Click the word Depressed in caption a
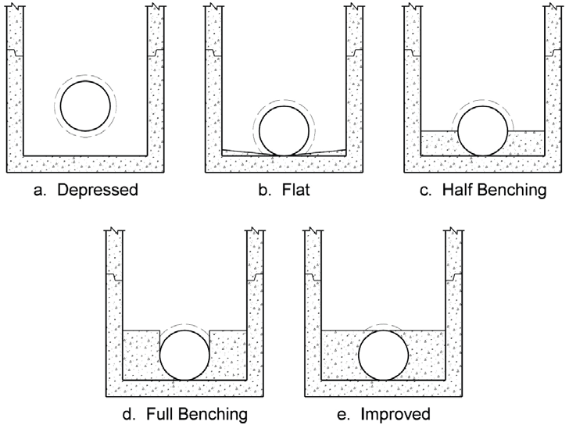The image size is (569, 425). (x=98, y=190)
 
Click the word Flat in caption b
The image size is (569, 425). (x=295, y=190)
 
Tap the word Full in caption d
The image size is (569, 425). (x=159, y=414)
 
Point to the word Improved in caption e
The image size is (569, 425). (x=395, y=414)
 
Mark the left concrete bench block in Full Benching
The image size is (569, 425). (x=141, y=355)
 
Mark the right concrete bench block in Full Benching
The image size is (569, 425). (x=228, y=355)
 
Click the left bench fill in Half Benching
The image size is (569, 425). (x=440, y=143)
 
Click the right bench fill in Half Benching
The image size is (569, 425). (x=526, y=143)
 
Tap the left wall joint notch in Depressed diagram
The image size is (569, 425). (x=15, y=53)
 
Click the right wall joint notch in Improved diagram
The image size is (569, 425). (x=453, y=277)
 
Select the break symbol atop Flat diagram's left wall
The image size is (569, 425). (x=213, y=5)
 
